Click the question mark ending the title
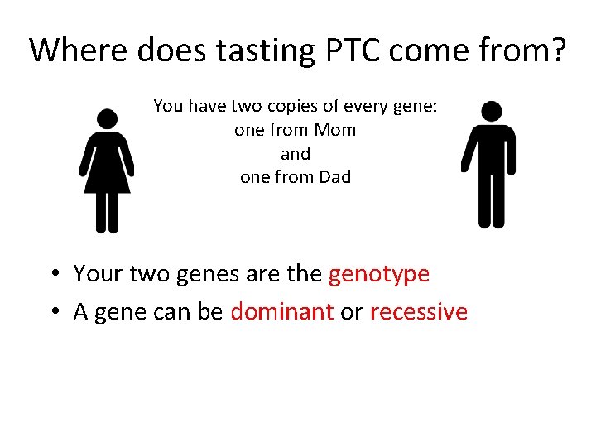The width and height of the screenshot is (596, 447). click(x=558, y=50)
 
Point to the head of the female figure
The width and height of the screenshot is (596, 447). click(x=106, y=119)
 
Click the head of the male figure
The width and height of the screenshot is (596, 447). click(x=492, y=111)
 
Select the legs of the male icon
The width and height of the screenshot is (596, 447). click(x=492, y=199)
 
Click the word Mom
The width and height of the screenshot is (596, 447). click(x=335, y=130)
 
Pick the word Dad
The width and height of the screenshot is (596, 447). click(x=334, y=177)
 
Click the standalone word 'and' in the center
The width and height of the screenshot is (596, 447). click(x=296, y=154)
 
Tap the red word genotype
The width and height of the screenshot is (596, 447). click(x=379, y=274)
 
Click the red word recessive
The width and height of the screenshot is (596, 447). click(x=419, y=312)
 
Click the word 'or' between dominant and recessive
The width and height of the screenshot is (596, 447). click(x=352, y=312)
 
